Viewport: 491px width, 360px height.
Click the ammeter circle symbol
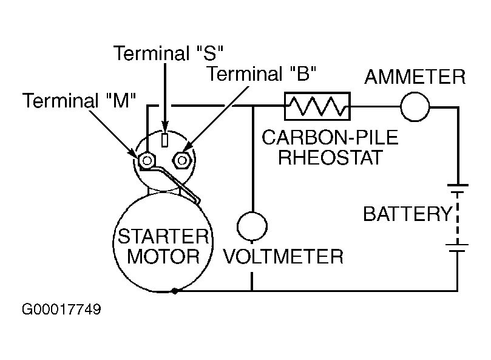[x=415, y=108]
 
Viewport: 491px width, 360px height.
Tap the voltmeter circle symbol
[x=251, y=226]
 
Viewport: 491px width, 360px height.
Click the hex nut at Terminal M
[x=146, y=160]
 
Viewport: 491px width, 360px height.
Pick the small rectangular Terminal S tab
[x=164, y=139]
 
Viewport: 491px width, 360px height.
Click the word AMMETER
[x=415, y=78]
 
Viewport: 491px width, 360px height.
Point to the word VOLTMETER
[x=283, y=257]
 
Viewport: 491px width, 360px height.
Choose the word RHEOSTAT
[x=330, y=158]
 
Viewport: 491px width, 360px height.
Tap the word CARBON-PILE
[x=330, y=138]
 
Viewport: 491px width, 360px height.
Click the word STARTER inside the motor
[x=162, y=236]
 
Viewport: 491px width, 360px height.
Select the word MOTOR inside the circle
[x=162, y=256]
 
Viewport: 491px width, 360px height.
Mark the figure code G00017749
[x=61, y=310]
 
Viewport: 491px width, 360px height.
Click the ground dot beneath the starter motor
[x=175, y=291]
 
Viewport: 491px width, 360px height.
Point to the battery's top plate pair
[x=456, y=188]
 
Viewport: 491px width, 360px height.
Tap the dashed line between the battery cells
[x=456, y=219]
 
